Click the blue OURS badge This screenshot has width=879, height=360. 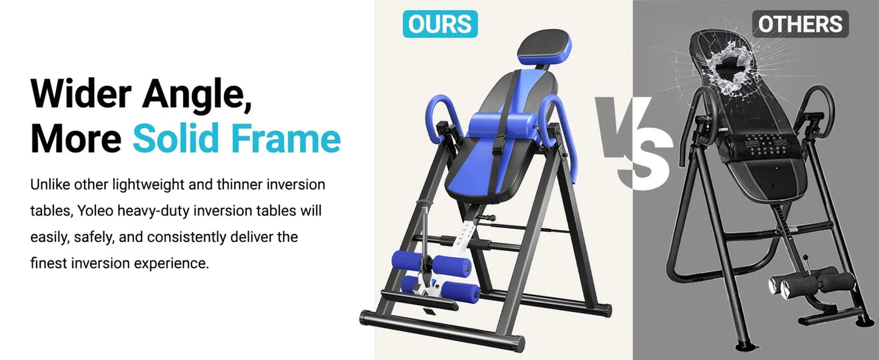[440, 24]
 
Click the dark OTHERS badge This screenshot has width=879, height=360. [800, 24]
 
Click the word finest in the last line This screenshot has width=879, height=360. [49, 264]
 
